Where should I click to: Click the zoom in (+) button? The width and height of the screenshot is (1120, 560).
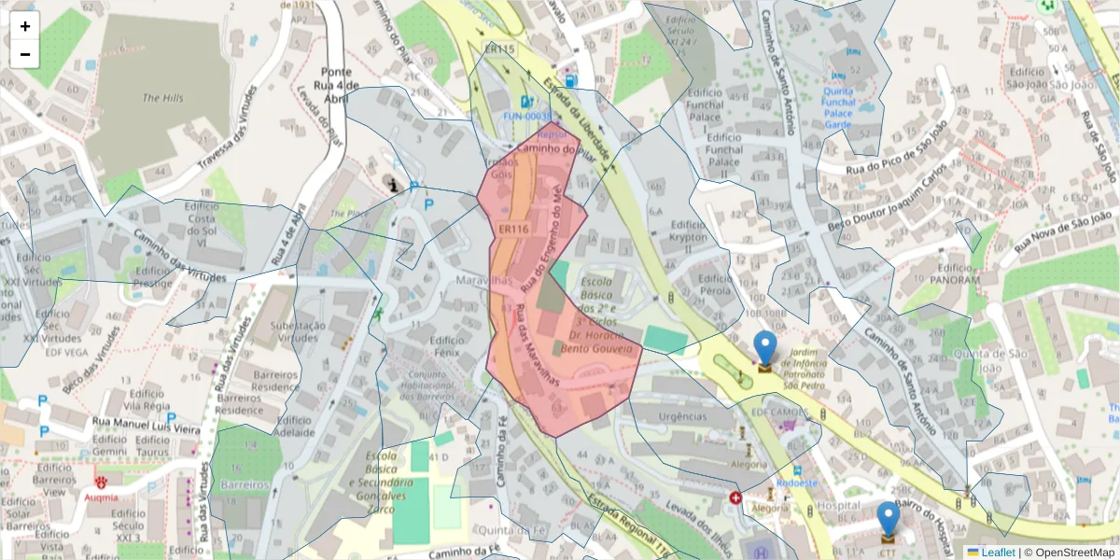(25, 26)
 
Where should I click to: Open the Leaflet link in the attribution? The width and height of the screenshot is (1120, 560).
(998, 553)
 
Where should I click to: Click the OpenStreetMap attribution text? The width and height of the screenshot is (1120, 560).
(1074, 553)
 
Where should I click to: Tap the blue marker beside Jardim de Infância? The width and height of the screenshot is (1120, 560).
(764, 348)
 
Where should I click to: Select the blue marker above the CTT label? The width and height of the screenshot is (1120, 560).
(888, 519)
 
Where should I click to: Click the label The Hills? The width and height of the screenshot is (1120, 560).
(163, 98)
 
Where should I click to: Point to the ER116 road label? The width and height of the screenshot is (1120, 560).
(513, 229)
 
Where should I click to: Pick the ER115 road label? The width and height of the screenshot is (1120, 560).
(499, 49)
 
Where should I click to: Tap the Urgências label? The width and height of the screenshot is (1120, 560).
(682, 417)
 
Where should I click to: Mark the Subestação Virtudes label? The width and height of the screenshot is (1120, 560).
(297, 332)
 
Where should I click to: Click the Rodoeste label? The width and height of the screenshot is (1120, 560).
(802, 483)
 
